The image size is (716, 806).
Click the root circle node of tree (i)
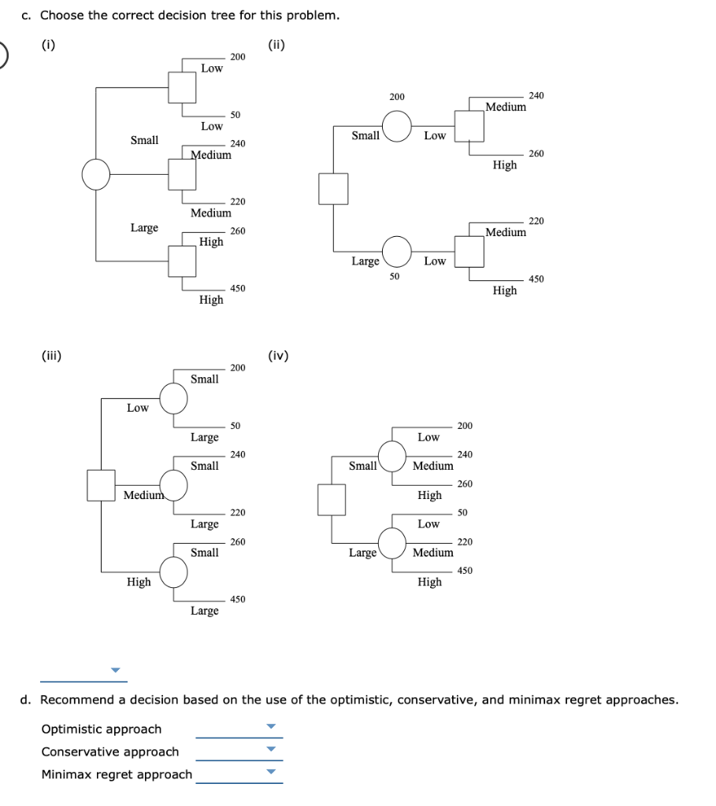[96, 175]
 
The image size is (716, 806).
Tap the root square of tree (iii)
[101, 485]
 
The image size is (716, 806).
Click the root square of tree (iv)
[332, 499]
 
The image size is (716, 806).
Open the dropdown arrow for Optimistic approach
[271, 727]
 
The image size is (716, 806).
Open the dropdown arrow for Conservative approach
[271, 749]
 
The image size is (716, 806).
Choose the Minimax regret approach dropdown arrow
[271, 772]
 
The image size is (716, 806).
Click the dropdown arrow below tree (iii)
[117, 671]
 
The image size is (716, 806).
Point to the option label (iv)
[278, 356]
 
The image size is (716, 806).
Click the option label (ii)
[276, 45]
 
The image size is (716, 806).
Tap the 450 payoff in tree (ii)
[536, 279]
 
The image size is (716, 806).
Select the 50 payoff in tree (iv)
[462, 512]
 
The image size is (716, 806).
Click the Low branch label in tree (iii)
[138, 408]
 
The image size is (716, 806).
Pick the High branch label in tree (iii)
[139, 582]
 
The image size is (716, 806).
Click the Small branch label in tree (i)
[144, 140]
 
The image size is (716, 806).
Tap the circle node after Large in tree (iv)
[392, 542]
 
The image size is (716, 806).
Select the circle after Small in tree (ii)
[398, 124]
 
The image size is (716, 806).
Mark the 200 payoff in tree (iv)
[465, 426]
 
